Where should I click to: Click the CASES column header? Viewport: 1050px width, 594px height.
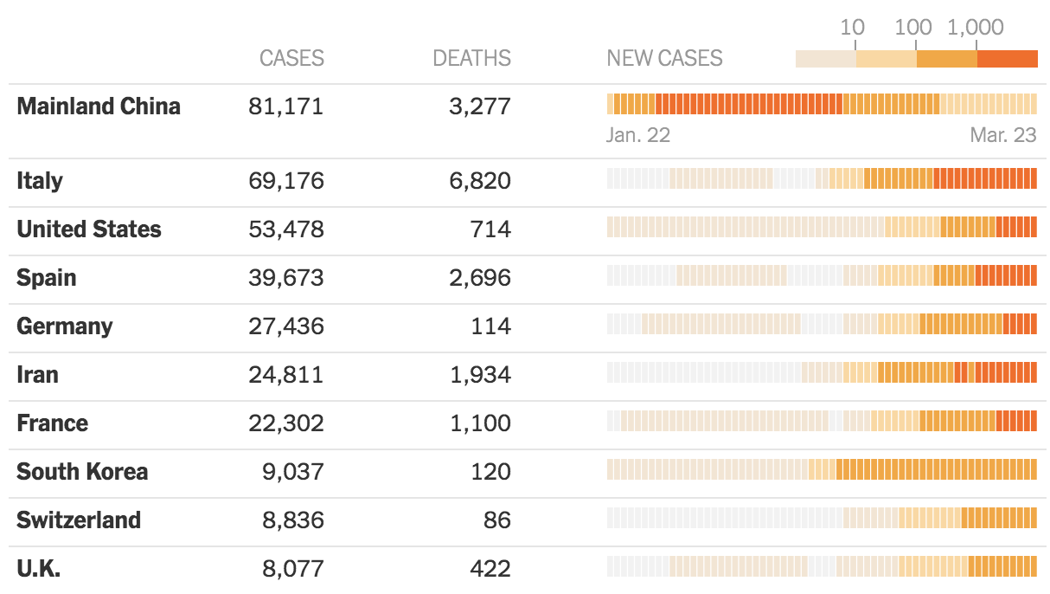pyautogui.click(x=291, y=58)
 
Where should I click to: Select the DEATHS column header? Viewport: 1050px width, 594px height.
pyautogui.click(x=471, y=58)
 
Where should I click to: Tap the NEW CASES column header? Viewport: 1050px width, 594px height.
pyautogui.click(x=664, y=58)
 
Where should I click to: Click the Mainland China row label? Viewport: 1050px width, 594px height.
pyautogui.click(x=99, y=107)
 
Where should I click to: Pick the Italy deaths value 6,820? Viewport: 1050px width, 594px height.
pyautogui.click(x=480, y=181)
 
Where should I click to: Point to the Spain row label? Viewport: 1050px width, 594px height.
pyautogui.click(x=47, y=278)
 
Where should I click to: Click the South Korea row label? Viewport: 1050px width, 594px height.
pyautogui.click(x=82, y=472)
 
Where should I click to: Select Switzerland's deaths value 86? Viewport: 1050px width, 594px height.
pyautogui.click(x=497, y=520)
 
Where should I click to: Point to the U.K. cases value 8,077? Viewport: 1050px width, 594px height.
pyautogui.click(x=293, y=569)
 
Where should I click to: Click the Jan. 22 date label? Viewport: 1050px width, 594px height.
pyautogui.click(x=638, y=135)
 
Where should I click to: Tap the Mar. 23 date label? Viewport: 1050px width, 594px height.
pyautogui.click(x=1002, y=135)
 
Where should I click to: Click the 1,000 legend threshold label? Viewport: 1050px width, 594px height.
pyautogui.click(x=976, y=28)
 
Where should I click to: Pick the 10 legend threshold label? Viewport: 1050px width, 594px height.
pyautogui.click(x=852, y=28)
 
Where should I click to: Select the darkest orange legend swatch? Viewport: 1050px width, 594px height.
pyautogui.click(x=1007, y=59)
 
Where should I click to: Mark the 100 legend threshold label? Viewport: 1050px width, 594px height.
pyautogui.click(x=913, y=28)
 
